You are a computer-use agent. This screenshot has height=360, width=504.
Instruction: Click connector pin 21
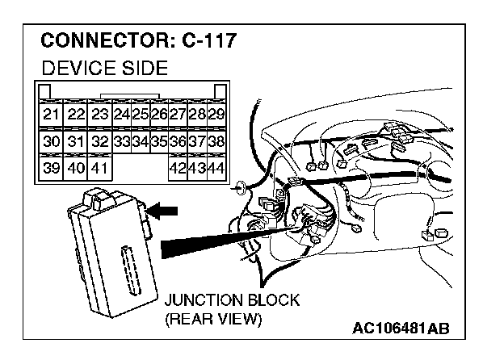coord(51,114)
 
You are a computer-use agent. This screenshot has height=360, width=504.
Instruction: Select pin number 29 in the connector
coord(216,114)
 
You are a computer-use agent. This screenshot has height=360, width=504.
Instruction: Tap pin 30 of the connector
coord(51,141)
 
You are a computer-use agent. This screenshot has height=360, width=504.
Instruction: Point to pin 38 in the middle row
coord(216,141)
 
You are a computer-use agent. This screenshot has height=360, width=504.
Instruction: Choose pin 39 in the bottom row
coord(51,169)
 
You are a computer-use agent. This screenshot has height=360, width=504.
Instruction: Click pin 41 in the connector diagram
coord(99,169)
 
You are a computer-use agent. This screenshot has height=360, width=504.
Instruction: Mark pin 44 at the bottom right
coord(216,169)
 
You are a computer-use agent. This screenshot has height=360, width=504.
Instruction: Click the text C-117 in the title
coord(198,40)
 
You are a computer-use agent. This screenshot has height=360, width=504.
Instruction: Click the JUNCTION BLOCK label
coord(232,300)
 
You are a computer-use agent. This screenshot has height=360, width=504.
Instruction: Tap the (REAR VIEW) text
coord(213,319)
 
